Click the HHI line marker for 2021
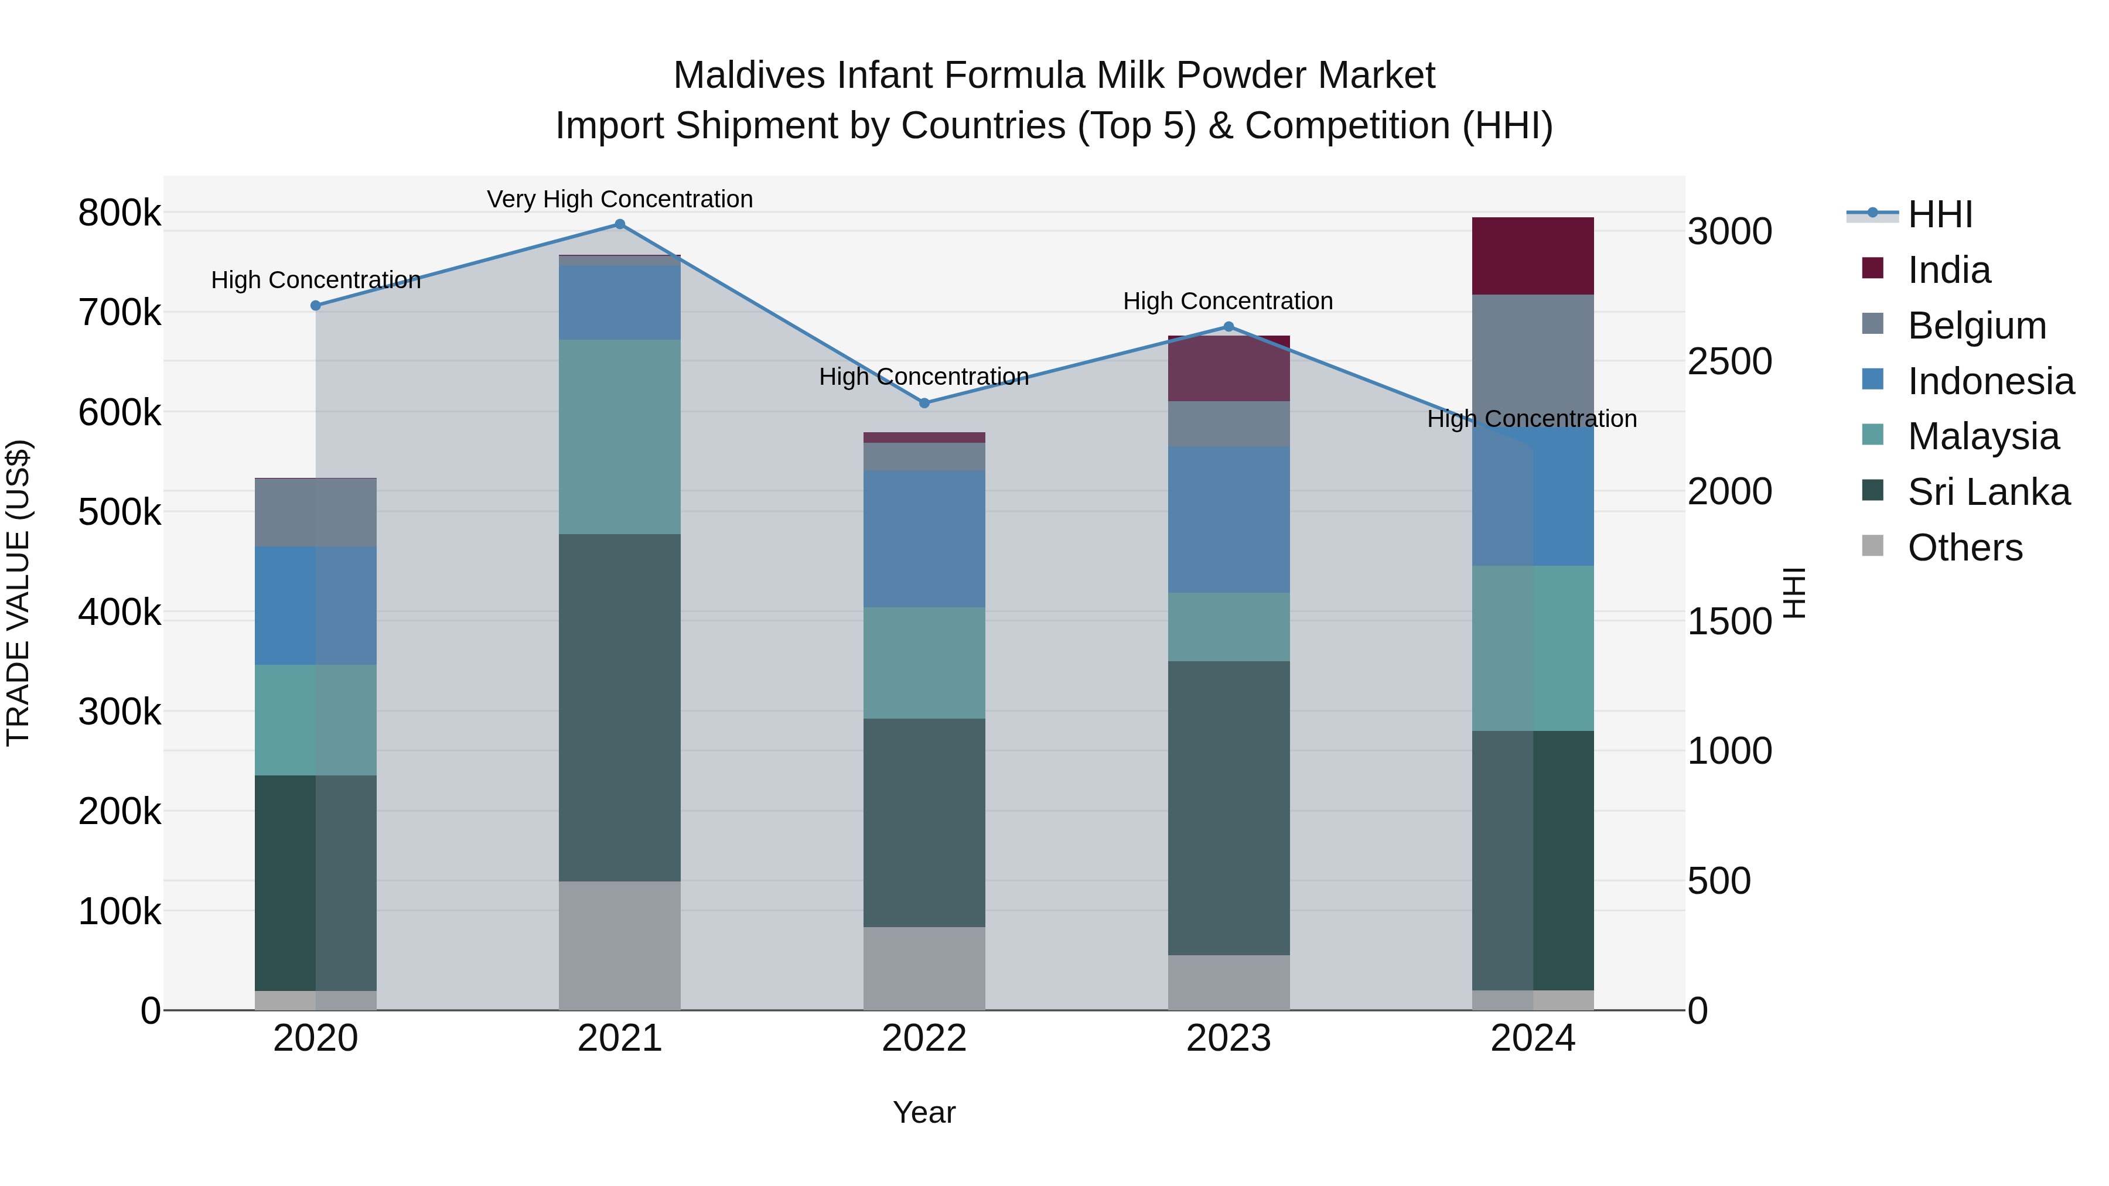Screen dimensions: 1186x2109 coord(620,224)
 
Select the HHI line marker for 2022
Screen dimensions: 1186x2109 coord(924,403)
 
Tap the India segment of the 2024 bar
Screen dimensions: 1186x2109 coord(1533,255)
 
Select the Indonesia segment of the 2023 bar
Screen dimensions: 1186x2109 coord(1228,519)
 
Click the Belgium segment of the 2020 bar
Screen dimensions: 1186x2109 coord(315,512)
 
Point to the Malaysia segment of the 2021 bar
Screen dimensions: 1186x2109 coord(620,436)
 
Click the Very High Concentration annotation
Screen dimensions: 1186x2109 coord(620,199)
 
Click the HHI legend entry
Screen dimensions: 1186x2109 coord(1939,214)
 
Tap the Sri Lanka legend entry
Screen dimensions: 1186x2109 coord(1988,492)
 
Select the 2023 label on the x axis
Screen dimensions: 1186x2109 coord(1228,1038)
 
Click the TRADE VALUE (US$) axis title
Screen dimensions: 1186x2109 coord(18,593)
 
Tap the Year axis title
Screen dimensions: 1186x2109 coord(924,1112)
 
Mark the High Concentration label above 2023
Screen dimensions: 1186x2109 coord(1228,301)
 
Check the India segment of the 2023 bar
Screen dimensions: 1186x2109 coord(1228,368)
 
